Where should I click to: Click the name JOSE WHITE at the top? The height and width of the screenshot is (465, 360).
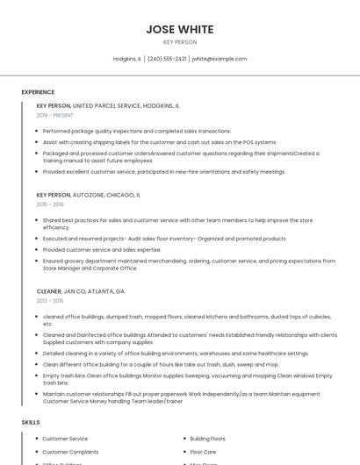[x=180, y=29]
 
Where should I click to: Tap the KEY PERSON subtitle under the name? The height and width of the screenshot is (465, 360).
[x=180, y=42]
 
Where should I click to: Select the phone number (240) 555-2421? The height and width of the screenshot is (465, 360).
[x=167, y=59]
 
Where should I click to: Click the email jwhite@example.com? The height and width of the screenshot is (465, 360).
[x=219, y=59]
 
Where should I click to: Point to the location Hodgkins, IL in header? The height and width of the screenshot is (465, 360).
[x=127, y=59]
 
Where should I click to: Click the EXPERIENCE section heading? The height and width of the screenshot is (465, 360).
[x=38, y=92]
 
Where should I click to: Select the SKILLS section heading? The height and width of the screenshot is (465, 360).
[x=31, y=423]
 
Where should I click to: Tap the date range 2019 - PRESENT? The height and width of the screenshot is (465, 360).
[x=54, y=115]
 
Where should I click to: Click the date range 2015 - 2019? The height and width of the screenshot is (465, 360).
[x=50, y=204]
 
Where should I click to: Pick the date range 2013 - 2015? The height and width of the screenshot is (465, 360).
[x=50, y=300]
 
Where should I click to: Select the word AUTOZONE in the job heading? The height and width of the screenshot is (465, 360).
[x=91, y=195]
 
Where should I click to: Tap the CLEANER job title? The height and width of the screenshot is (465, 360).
[x=48, y=290]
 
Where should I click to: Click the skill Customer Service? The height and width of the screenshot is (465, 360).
[x=65, y=439]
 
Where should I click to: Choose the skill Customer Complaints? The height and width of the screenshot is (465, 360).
[x=70, y=452]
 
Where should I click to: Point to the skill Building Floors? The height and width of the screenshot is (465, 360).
[x=208, y=439]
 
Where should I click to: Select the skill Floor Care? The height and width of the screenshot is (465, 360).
[x=204, y=452]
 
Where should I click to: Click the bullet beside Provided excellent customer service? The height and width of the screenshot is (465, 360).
[x=37, y=172]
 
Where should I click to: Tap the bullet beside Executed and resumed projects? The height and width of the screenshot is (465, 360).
[x=37, y=239]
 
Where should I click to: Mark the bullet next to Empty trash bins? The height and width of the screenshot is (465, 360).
[x=37, y=376]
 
